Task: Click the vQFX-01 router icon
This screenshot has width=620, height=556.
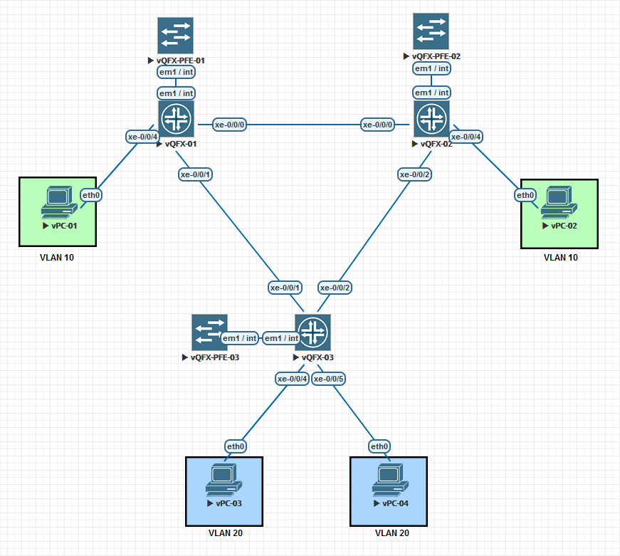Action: coord(176,118)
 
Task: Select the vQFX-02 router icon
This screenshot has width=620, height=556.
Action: coord(431,118)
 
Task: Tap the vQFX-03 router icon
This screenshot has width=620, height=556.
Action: coord(312,332)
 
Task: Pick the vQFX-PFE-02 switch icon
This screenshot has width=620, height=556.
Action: coord(431,31)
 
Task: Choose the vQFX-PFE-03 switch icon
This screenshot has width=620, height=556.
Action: coord(209,332)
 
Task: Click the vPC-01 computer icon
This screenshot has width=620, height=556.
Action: coord(58,202)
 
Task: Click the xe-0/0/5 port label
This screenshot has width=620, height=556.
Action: coord(330,379)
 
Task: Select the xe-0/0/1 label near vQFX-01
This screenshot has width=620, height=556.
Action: coord(196,174)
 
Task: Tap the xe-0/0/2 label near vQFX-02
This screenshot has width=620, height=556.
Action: coord(416,174)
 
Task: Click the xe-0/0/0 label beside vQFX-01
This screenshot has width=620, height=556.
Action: coord(230,125)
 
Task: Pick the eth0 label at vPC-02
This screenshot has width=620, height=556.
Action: coord(525,195)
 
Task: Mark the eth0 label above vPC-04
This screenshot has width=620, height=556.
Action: coord(379,446)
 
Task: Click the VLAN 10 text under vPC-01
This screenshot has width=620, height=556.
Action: coord(57,258)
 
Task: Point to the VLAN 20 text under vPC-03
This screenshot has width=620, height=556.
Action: coord(225,533)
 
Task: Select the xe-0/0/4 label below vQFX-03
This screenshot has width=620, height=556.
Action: coord(293,379)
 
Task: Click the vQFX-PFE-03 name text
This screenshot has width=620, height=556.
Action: coord(214,357)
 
